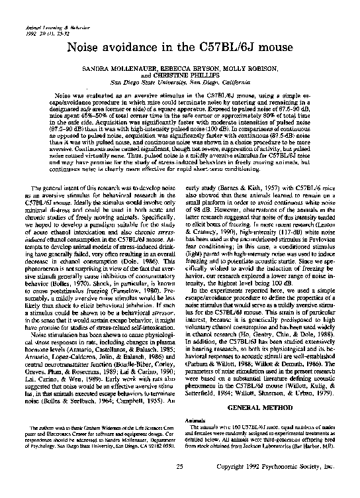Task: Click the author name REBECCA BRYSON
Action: click(192, 68)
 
